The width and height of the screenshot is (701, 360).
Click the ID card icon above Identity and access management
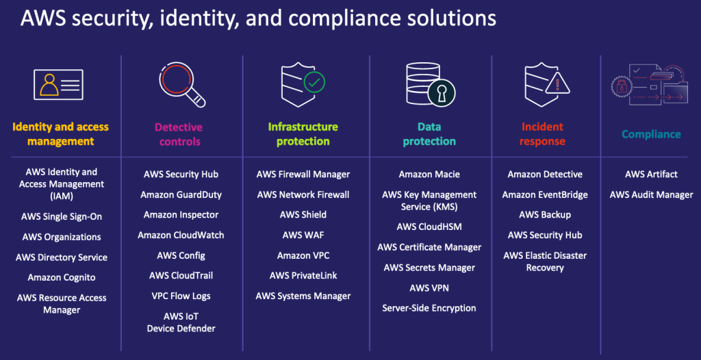[x=58, y=85]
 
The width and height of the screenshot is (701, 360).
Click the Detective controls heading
[x=179, y=134]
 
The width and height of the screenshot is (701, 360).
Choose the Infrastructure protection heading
[x=303, y=134]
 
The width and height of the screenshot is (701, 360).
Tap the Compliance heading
[x=651, y=134]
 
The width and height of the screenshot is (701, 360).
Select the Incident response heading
[x=543, y=134]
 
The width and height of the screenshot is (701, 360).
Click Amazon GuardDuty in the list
[x=181, y=194]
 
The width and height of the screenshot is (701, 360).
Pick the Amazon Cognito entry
[x=61, y=277]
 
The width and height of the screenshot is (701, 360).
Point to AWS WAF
[x=303, y=235]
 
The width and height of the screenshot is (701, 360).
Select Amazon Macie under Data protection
[x=429, y=175]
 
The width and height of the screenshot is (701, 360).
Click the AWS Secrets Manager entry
[x=429, y=268]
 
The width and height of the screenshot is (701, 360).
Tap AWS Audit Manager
[x=651, y=194]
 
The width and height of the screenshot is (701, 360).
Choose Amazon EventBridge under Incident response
[x=545, y=194]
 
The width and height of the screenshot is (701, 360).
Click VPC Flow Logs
[x=181, y=296]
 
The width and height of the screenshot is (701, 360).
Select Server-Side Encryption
[x=429, y=308]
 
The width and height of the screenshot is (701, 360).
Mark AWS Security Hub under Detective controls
[x=181, y=175]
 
